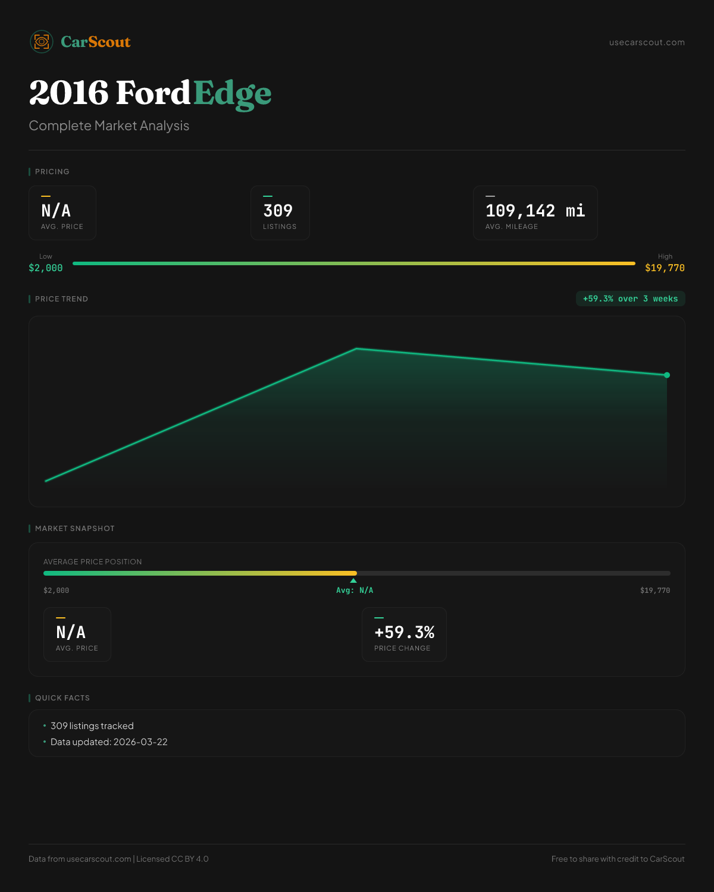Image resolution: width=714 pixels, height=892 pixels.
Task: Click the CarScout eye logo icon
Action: (x=42, y=42)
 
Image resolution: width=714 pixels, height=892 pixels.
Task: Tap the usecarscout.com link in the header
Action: (x=647, y=42)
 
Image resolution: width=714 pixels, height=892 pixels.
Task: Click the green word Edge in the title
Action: (x=232, y=93)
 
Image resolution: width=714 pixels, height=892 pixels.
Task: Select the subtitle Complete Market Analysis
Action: (x=109, y=126)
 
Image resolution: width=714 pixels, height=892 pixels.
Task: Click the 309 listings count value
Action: (x=278, y=211)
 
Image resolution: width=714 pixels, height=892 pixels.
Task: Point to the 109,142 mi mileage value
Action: (x=535, y=211)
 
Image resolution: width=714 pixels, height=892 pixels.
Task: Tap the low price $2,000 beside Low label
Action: (x=46, y=268)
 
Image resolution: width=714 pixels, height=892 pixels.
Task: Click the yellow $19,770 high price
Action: (x=665, y=268)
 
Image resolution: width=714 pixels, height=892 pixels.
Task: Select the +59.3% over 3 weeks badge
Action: (x=630, y=299)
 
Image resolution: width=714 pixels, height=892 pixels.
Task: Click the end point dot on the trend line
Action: (x=667, y=375)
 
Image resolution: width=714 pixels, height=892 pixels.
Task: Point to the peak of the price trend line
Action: (x=356, y=348)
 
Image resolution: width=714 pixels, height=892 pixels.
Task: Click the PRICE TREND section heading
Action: (x=61, y=299)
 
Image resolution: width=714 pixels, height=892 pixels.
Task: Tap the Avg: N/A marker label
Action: (x=355, y=591)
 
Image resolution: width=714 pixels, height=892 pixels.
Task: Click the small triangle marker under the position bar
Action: (x=353, y=580)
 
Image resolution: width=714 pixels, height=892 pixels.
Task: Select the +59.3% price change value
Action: (x=404, y=633)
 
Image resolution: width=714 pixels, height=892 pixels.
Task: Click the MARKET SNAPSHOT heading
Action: (x=74, y=529)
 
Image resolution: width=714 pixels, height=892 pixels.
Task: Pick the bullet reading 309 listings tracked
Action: (x=92, y=726)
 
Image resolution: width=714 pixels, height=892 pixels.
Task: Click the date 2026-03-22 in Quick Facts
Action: (x=140, y=742)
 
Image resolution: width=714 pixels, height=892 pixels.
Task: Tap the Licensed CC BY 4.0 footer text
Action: (x=172, y=859)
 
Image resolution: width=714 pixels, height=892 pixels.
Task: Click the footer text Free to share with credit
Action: (x=618, y=859)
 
